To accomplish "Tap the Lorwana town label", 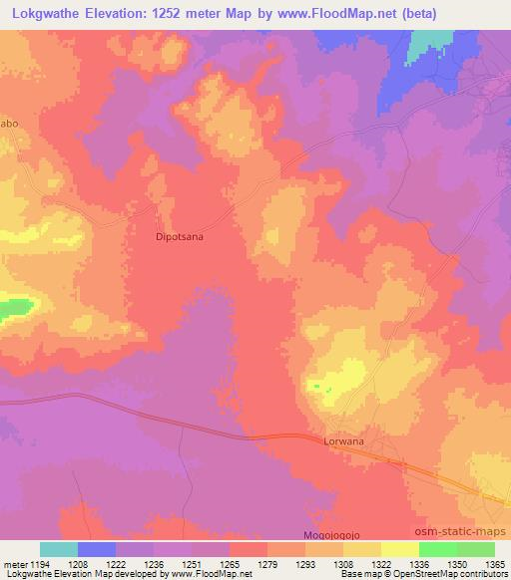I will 345,438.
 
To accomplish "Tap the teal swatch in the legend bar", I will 59,549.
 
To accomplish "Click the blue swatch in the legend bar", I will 97,549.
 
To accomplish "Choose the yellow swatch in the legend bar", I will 399,549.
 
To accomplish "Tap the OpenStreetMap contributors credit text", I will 460,574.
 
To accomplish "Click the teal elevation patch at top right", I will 428,42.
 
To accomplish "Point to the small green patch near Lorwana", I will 317,387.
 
